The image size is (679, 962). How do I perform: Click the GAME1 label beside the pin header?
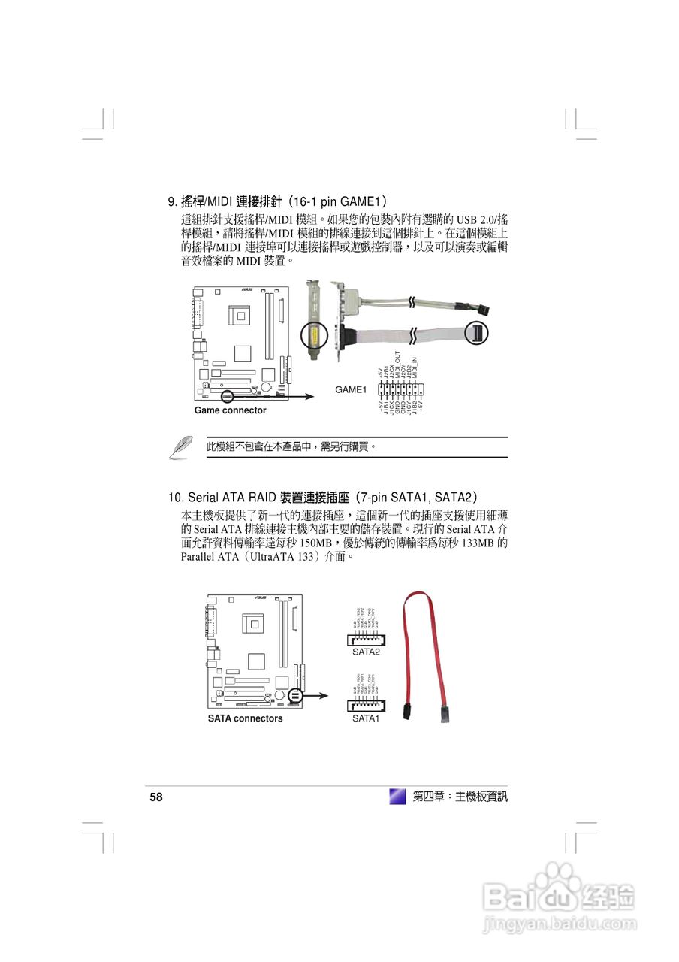click(x=350, y=389)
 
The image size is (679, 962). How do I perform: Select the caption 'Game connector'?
click(x=230, y=410)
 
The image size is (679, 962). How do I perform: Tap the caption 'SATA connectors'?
click(x=245, y=718)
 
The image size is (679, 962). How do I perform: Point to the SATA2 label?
click(x=366, y=652)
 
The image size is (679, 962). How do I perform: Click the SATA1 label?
click(x=366, y=718)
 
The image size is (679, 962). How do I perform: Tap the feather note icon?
click(x=180, y=446)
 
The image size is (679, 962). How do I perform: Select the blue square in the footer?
click(x=397, y=797)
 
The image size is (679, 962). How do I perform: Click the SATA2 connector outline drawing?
click(x=366, y=640)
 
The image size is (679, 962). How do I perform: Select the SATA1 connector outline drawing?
click(x=366, y=706)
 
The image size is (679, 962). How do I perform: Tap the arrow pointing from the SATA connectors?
click(x=315, y=696)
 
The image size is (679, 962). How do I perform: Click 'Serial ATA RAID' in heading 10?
click(x=232, y=498)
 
